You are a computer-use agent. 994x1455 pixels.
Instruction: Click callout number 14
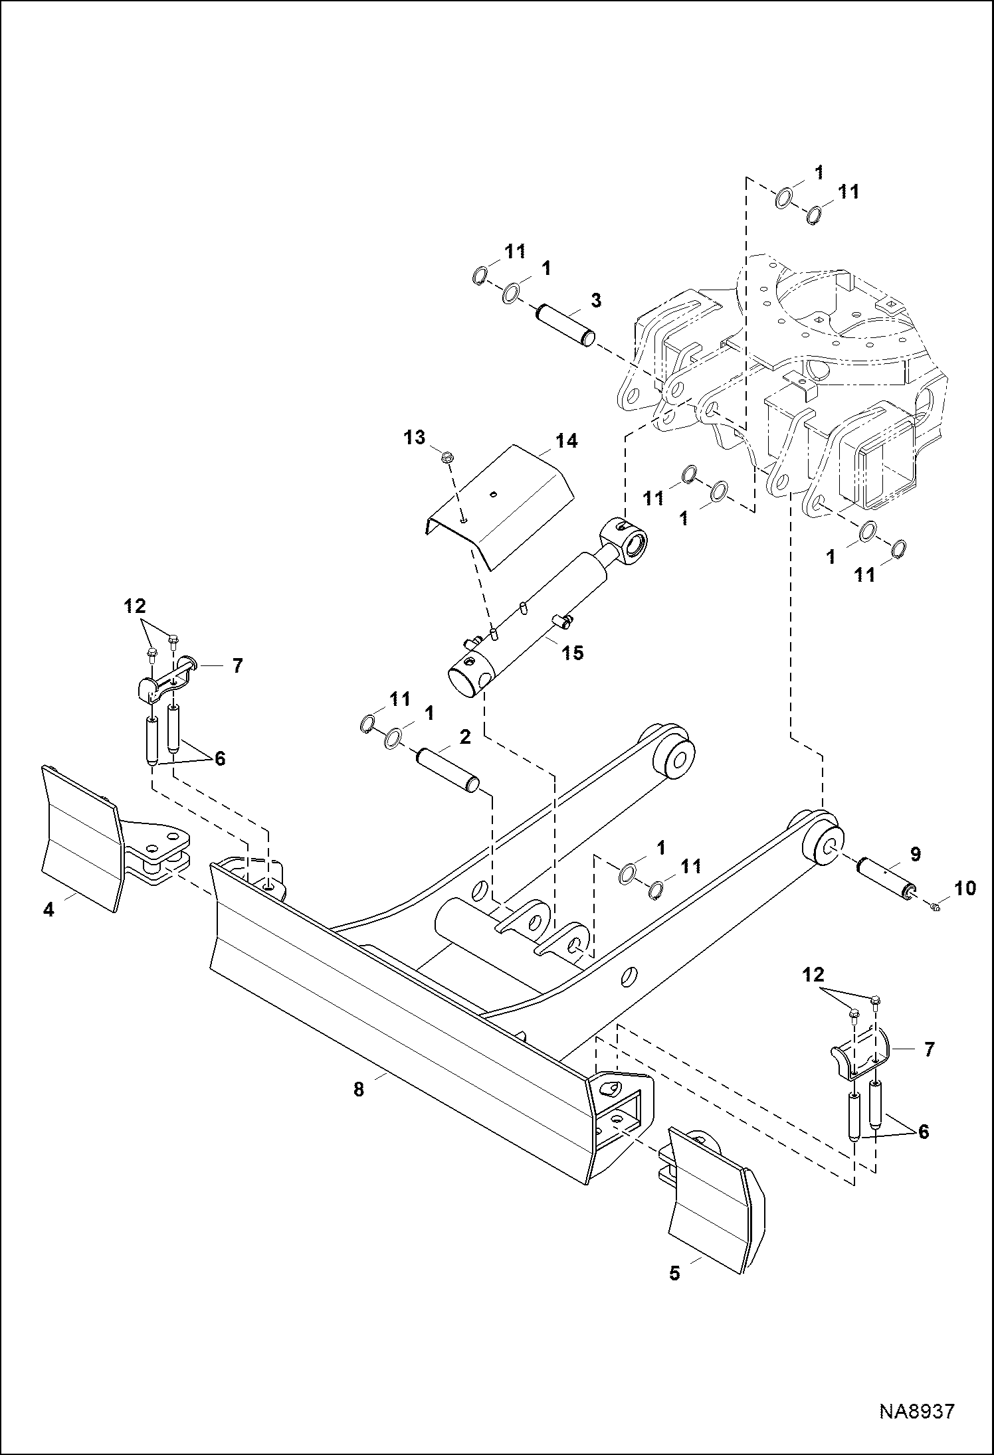tap(566, 440)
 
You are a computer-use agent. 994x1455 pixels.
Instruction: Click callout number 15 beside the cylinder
tap(572, 653)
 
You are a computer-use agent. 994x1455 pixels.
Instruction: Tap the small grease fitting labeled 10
tap(936, 908)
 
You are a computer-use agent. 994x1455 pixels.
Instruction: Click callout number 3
tap(596, 300)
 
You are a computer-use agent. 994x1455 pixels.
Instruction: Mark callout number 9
tap(915, 854)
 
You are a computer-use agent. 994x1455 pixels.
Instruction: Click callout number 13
tap(415, 438)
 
